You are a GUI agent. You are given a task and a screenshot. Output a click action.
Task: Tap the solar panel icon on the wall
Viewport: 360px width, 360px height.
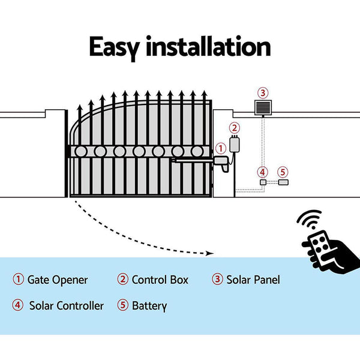pyautogui.click(x=262, y=108)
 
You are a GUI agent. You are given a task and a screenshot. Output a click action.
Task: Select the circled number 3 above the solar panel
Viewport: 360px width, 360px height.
pyautogui.click(x=262, y=93)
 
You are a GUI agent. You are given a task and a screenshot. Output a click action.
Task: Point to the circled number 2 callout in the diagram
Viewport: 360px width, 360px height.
pyautogui.click(x=235, y=128)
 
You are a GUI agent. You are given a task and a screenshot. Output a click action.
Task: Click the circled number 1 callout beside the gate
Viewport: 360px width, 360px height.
pyautogui.click(x=220, y=147)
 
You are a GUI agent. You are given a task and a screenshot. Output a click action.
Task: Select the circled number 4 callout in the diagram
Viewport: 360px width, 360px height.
pyautogui.click(x=262, y=171)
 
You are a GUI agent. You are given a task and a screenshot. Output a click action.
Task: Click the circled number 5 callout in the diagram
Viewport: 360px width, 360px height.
pyautogui.click(x=283, y=171)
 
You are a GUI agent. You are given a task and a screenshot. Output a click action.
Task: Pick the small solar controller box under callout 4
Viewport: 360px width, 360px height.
pyautogui.click(x=262, y=182)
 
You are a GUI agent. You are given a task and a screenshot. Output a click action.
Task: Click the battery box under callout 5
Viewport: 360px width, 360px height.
pyautogui.click(x=283, y=182)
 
